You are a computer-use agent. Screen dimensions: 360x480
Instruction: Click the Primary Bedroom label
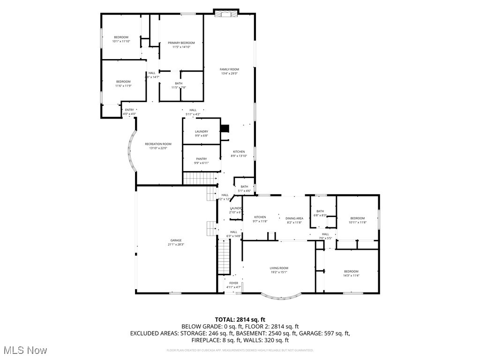[181, 43]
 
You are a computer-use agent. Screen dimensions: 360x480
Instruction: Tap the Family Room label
[229, 69]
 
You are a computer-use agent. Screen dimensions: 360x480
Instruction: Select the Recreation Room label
[158, 144]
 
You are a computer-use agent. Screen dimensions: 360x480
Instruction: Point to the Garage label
[176, 240]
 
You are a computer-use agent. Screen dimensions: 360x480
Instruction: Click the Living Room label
[278, 268]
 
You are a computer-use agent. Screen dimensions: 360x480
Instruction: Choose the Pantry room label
[201, 159]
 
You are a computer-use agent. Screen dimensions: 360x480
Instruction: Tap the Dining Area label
[294, 218]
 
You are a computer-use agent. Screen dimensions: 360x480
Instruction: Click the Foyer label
[233, 283]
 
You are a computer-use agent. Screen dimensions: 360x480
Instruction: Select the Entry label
[129, 110]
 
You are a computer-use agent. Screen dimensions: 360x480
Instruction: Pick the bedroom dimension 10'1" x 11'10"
[121, 42]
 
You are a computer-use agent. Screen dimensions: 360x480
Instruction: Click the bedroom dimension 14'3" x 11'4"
[351, 276]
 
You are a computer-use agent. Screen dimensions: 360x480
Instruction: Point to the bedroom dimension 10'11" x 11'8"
[357, 222]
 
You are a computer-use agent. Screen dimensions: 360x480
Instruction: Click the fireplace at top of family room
[226, 13]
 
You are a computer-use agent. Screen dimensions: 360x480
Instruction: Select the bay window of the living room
[281, 296]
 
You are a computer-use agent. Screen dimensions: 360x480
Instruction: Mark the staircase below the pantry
[201, 178]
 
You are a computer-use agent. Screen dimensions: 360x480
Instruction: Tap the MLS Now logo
[24, 350]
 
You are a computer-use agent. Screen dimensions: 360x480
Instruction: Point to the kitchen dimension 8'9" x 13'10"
[239, 156]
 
